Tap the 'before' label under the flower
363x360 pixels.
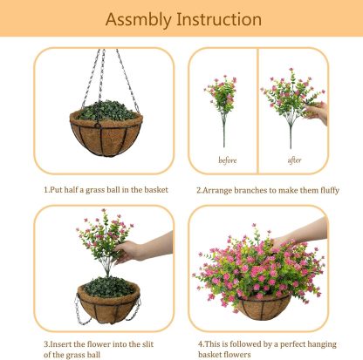click(227, 160)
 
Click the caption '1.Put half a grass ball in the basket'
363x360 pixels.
click(106, 189)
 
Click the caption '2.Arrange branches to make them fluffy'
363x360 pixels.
click(267, 189)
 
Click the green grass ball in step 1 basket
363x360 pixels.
click(106, 112)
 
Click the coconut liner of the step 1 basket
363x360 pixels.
click(106, 135)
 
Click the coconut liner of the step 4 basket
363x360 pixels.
click(261, 307)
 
